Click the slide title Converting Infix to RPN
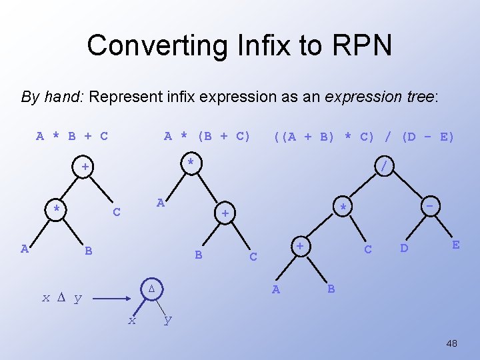pos(239,45)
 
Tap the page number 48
pos(451,343)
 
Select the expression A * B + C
pos(72,137)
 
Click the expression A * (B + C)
pos(207,137)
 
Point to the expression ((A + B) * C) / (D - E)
pos(363,137)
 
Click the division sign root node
pos(383,164)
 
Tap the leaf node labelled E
pos(455,245)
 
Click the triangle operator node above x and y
pos(151,289)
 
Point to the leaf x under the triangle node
pos(132,321)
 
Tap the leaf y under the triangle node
pos(167,320)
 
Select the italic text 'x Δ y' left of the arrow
pos(61,298)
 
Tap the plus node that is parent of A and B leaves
pos(301,247)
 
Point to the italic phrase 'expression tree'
pos(379,97)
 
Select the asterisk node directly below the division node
pos(342,207)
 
